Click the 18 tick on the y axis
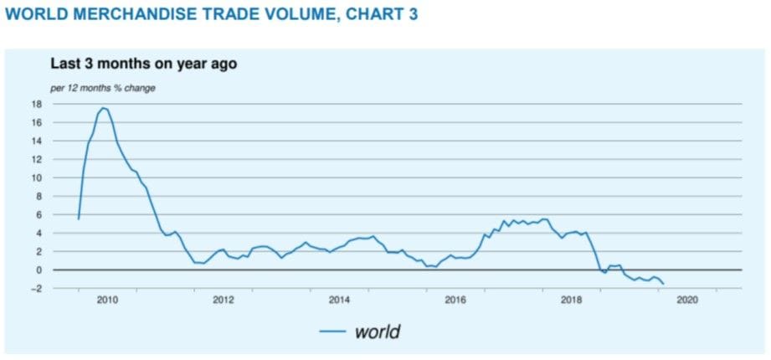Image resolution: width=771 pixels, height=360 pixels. click(36, 104)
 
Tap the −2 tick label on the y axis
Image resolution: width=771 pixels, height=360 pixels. click(34, 288)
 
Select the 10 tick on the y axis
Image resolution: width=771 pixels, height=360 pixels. click(36, 177)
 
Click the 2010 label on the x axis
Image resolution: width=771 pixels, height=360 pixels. click(106, 300)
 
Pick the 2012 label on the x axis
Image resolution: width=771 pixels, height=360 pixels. click(223, 300)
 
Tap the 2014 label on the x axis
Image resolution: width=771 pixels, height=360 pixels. click(339, 300)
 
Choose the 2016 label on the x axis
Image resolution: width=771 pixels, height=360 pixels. click(455, 300)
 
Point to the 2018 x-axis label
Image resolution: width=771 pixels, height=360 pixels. click(572, 300)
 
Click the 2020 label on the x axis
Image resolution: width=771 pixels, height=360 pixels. click(687, 300)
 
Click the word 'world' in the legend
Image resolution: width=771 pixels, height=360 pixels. click(378, 332)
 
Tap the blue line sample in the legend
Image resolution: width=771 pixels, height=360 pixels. click(332, 332)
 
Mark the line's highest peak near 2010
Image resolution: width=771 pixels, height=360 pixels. click(103, 108)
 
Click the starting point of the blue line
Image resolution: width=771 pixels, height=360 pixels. click(78, 219)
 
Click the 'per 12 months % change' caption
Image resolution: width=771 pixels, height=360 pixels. click(103, 87)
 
